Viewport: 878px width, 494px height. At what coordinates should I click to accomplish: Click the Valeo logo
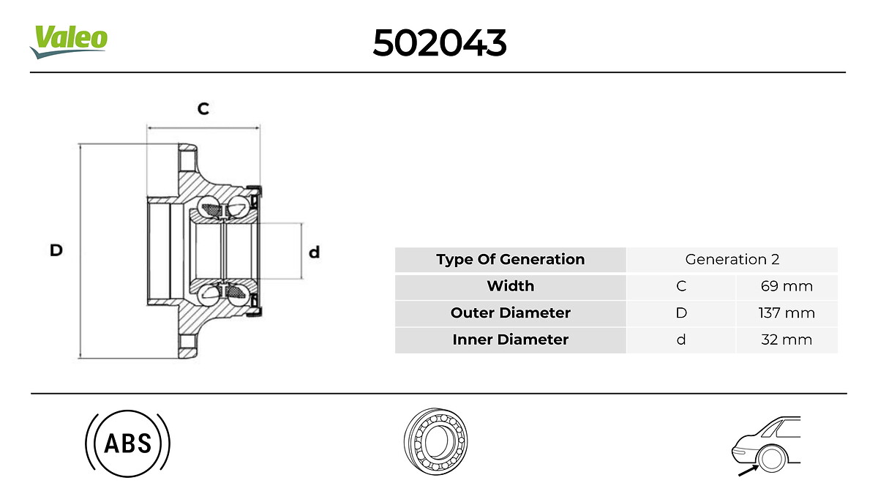(69, 41)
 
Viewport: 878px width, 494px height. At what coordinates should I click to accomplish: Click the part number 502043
(439, 44)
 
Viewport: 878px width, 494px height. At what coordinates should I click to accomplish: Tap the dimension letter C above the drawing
(203, 109)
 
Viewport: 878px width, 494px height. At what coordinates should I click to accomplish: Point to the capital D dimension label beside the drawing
(56, 251)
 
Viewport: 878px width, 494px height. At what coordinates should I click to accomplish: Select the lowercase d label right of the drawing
(314, 252)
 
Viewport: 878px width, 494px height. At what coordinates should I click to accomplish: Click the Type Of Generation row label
(510, 259)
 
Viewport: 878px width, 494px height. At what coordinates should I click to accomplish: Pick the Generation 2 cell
(732, 259)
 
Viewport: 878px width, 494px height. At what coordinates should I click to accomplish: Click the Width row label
(510, 286)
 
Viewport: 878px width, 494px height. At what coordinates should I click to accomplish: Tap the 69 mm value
(787, 286)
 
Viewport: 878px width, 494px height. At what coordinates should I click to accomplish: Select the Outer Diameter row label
(510, 313)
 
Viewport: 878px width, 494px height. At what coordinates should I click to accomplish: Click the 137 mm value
(787, 313)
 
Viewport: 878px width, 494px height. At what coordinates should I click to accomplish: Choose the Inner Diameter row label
(510, 340)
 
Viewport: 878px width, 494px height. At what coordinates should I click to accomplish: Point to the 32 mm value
(787, 340)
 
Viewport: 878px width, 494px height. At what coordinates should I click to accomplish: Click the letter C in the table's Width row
(681, 286)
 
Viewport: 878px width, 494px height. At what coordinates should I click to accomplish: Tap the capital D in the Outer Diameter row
(681, 313)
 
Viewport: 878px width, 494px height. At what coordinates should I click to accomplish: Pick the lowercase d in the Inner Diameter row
(681, 340)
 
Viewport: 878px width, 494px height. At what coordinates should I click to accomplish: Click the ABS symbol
(128, 443)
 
